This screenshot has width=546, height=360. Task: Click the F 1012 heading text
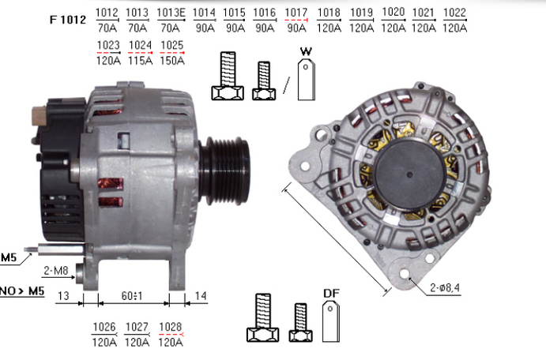click(x=67, y=20)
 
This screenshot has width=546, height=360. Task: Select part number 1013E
click(x=171, y=13)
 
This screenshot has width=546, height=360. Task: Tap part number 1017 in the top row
click(x=296, y=13)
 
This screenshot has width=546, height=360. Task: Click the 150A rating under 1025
click(x=172, y=61)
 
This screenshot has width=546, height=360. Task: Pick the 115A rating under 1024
click(x=140, y=61)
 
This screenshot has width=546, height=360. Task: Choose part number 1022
click(x=454, y=13)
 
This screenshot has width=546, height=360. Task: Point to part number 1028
click(x=170, y=328)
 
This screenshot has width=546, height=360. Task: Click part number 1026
click(x=104, y=328)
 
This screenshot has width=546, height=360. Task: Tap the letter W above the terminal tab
click(x=306, y=51)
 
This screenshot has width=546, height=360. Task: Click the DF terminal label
click(x=331, y=294)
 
